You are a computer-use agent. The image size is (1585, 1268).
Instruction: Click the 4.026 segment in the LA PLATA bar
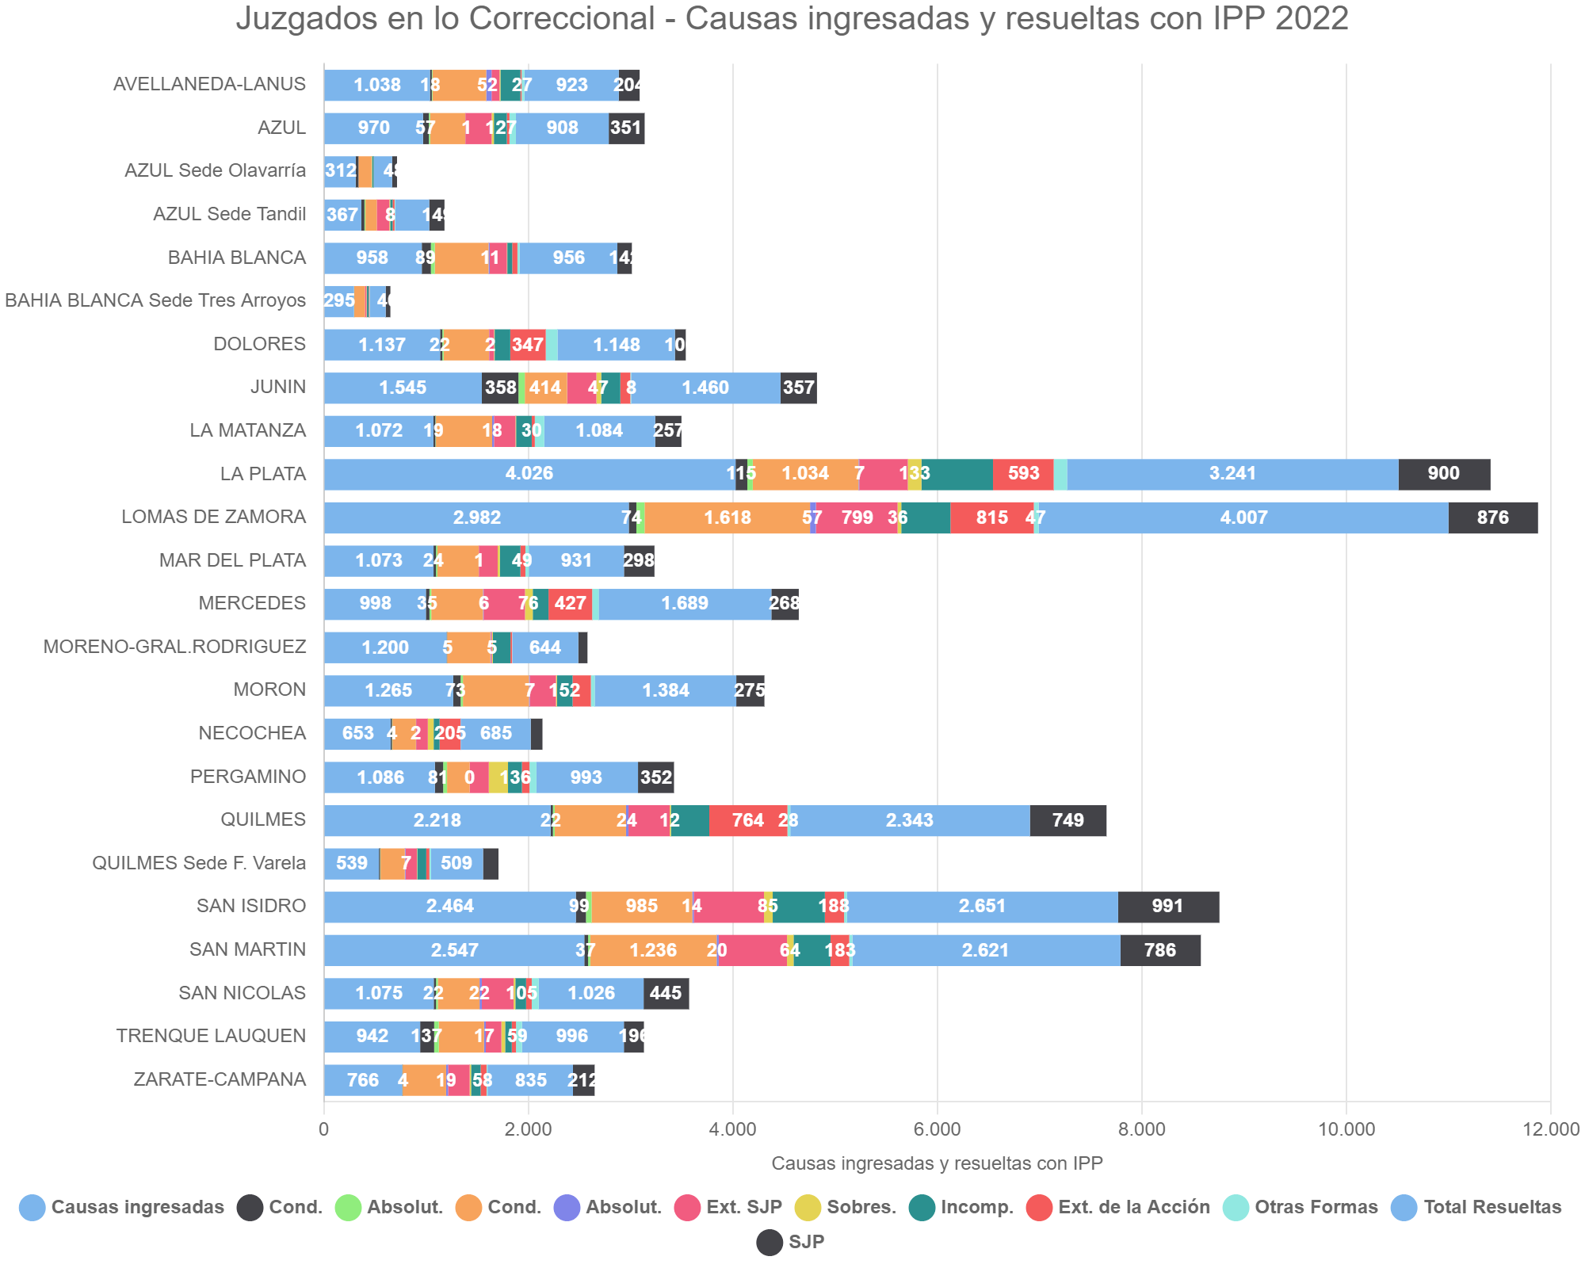tap(529, 474)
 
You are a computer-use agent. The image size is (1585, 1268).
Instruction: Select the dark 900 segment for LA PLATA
tap(1444, 474)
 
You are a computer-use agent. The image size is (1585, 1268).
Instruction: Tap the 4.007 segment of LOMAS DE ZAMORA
tap(1243, 518)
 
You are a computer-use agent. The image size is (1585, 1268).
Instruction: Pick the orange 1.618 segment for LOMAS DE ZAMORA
tap(728, 518)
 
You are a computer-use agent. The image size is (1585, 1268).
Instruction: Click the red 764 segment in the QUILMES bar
tap(748, 820)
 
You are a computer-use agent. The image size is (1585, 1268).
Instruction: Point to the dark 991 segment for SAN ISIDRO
tap(1167, 907)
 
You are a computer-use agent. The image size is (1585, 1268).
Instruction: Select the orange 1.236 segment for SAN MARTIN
tap(653, 950)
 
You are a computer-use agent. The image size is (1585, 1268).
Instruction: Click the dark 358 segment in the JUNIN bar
tap(500, 388)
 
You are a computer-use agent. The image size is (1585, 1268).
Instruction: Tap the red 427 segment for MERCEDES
tap(570, 604)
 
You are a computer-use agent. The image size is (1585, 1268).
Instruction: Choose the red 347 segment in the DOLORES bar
tap(528, 345)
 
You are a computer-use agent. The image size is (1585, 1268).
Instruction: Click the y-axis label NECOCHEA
tap(251, 733)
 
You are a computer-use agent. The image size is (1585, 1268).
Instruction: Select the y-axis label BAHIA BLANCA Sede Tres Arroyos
tap(155, 300)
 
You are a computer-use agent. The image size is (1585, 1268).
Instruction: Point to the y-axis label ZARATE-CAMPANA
tap(220, 1079)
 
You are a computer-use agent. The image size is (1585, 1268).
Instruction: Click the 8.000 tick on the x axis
tap(1141, 1129)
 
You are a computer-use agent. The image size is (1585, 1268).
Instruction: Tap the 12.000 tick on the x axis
tap(1550, 1129)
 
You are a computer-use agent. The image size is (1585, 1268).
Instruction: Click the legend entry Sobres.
tap(860, 1207)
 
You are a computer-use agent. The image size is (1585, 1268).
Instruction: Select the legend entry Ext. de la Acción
tap(1133, 1207)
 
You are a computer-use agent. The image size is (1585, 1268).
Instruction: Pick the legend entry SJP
tap(805, 1242)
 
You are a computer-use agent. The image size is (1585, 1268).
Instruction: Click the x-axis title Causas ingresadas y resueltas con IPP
tap(937, 1163)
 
